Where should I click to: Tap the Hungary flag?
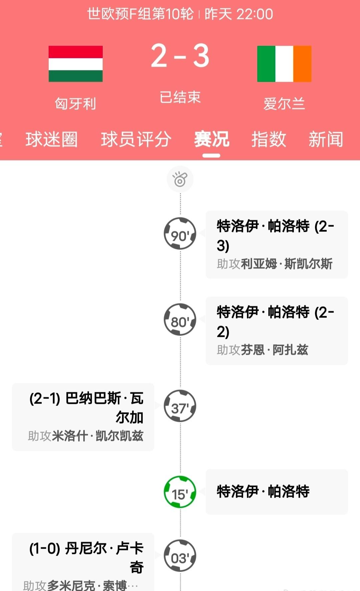76,64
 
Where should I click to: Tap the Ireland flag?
284,64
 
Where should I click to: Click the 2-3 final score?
180,56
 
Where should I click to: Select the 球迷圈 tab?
52,139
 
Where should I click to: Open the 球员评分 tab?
136,139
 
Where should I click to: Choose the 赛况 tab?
212,139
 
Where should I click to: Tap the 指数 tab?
269,139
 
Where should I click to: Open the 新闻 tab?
326,139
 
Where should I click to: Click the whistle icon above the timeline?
180,179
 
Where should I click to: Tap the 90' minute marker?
180,234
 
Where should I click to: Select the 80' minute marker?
180,320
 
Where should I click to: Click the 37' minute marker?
180,406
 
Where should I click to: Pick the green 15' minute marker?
180,492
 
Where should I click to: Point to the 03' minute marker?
180,556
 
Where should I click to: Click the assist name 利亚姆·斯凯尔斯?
287,264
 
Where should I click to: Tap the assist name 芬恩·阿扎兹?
274,350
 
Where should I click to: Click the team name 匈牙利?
76,104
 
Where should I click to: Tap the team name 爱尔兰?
284,104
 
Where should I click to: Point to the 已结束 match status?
180,97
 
